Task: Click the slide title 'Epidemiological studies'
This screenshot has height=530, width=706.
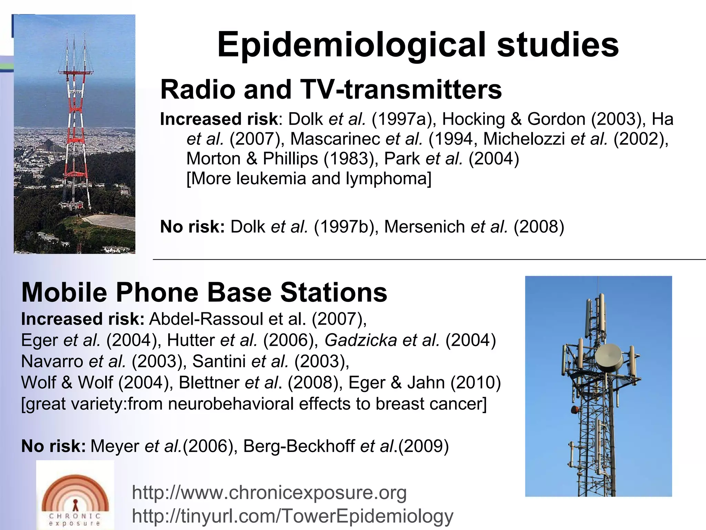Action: (418, 45)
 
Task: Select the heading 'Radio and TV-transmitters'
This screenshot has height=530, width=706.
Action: (331, 89)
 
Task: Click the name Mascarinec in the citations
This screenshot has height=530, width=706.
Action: (335, 139)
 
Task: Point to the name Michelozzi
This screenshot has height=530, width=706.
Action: (524, 139)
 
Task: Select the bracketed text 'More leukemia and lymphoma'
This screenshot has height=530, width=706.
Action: (309, 179)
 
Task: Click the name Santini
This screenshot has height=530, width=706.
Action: (219, 361)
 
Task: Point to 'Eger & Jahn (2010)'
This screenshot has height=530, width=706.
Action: (424, 383)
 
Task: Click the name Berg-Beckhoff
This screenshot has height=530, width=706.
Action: (299, 446)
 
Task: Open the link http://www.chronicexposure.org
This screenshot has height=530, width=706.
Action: (269, 492)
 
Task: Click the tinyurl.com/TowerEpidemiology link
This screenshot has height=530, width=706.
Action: (293, 516)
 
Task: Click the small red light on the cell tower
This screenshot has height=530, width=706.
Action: (575, 410)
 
